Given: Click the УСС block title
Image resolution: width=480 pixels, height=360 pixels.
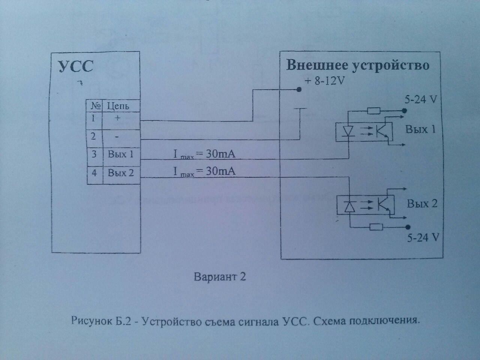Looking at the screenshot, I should click(x=76, y=67).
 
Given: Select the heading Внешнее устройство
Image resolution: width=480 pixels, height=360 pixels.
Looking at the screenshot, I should click(x=358, y=65).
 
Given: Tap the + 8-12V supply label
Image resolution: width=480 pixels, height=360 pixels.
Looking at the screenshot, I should click(x=325, y=81).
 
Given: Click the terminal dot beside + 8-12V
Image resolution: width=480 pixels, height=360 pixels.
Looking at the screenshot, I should click(x=299, y=89).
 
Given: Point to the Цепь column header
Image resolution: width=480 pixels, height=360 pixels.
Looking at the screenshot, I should click(x=118, y=106).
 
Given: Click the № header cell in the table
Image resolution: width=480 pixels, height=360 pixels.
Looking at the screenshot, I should click(x=96, y=106).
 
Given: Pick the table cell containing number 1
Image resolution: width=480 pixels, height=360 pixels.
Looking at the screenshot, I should click(x=94, y=118).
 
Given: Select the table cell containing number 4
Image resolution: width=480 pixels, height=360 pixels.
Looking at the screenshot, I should click(x=94, y=173).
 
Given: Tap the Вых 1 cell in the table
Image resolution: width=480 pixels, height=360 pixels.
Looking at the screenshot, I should click(x=121, y=154).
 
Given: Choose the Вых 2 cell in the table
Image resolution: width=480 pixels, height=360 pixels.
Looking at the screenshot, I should click(x=121, y=173).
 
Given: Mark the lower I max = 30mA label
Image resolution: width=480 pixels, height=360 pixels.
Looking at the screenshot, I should click(x=204, y=171).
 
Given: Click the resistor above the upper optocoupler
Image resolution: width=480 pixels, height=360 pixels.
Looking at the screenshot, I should click(x=373, y=111).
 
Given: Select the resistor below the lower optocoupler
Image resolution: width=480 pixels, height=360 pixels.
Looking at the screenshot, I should click(x=376, y=227).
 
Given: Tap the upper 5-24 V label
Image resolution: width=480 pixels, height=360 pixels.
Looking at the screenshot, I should click(x=421, y=100).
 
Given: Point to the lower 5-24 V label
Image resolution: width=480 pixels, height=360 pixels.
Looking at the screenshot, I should click(x=423, y=238).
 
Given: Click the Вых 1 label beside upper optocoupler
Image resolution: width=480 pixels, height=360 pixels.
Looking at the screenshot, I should click(x=421, y=129).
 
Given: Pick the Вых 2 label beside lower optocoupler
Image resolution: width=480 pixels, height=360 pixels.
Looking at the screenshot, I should click(x=422, y=204).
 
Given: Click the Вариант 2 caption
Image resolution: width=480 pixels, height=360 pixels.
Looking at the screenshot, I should click(x=220, y=277).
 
